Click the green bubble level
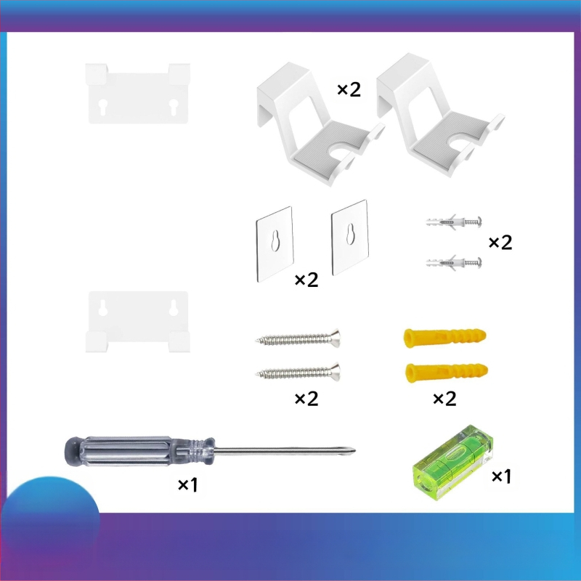click(x=452, y=463)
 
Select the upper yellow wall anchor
click(x=444, y=337)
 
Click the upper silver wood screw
click(x=298, y=338)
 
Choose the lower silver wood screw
click(x=298, y=372)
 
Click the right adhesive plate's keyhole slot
click(x=350, y=234)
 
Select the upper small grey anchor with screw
click(x=453, y=222)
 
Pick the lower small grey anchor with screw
click(x=453, y=262)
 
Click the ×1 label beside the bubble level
click(x=501, y=476)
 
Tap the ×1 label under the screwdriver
click(x=188, y=484)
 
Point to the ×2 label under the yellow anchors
click(x=444, y=399)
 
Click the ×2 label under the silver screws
click(x=306, y=399)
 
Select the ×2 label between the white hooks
click(x=349, y=89)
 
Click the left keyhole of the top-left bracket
click(x=103, y=106)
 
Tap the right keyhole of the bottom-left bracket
click(x=174, y=308)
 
